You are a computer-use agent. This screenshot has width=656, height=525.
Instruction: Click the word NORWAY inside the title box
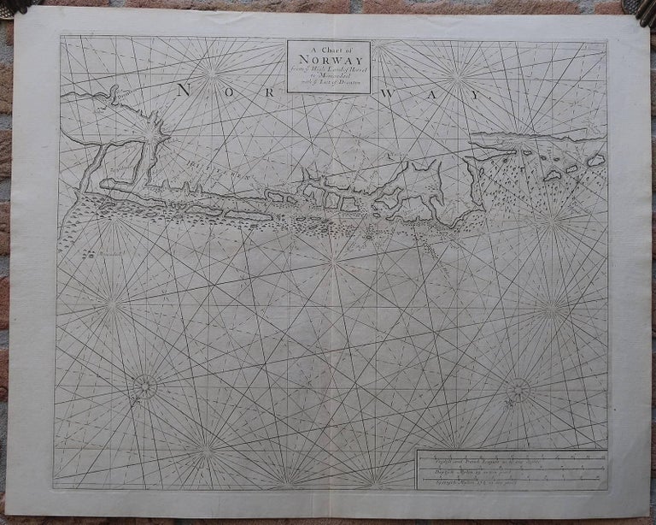(x=328, y=61)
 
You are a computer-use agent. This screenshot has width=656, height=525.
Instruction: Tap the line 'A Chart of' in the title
(x=328, y=49)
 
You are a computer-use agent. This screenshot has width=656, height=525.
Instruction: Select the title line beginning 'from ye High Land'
(x=328, y=70)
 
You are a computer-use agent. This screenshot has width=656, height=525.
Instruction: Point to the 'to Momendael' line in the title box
(x=328, y=77)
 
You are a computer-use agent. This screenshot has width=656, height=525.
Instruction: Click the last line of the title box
(x=328, y=85)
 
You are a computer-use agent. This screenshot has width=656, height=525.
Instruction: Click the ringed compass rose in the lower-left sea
(x=144, y=387)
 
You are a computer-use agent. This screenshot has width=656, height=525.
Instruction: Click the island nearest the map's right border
(x=595, y=160)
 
